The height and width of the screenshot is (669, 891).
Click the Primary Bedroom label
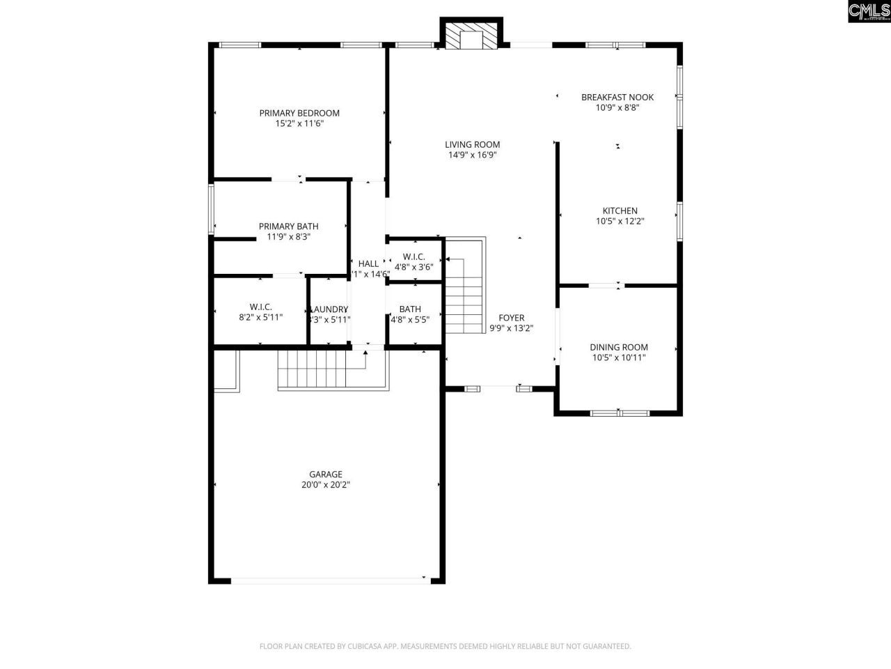click(x=299, y=113)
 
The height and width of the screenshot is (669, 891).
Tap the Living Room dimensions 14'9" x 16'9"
click(x=472, y=155)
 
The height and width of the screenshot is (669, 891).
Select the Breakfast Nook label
click(x=617, y=98)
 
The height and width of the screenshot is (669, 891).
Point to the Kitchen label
click(x=620, y=211)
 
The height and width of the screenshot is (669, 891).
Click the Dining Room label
click(x=618, y=347)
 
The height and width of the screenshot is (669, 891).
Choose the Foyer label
click(x=511, y=318)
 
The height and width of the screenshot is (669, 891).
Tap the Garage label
click(x=326, y=475)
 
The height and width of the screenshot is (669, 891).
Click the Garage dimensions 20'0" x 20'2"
click(x=326, y=485)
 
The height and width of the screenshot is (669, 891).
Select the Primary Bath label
click(x=288, y=226)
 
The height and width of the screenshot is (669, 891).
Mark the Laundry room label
click(x=329, y=309)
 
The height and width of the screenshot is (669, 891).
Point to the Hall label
click(x=368, y=263)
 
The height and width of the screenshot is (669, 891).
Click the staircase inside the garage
click(x=312, y=369)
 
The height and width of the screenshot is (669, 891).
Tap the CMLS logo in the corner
click(x=868, y=11)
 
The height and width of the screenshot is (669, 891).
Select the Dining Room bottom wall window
click(x=619, y=413)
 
